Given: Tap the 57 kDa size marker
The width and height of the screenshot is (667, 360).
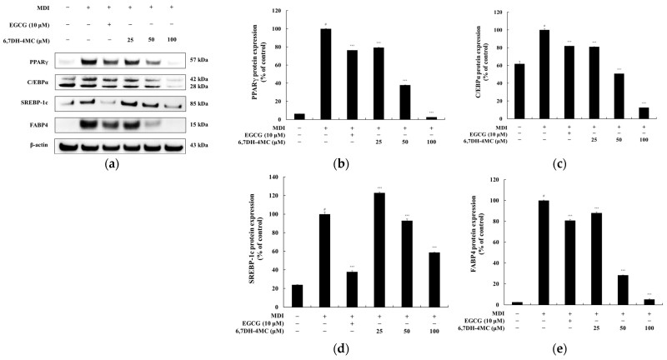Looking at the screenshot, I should click(198, 61).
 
